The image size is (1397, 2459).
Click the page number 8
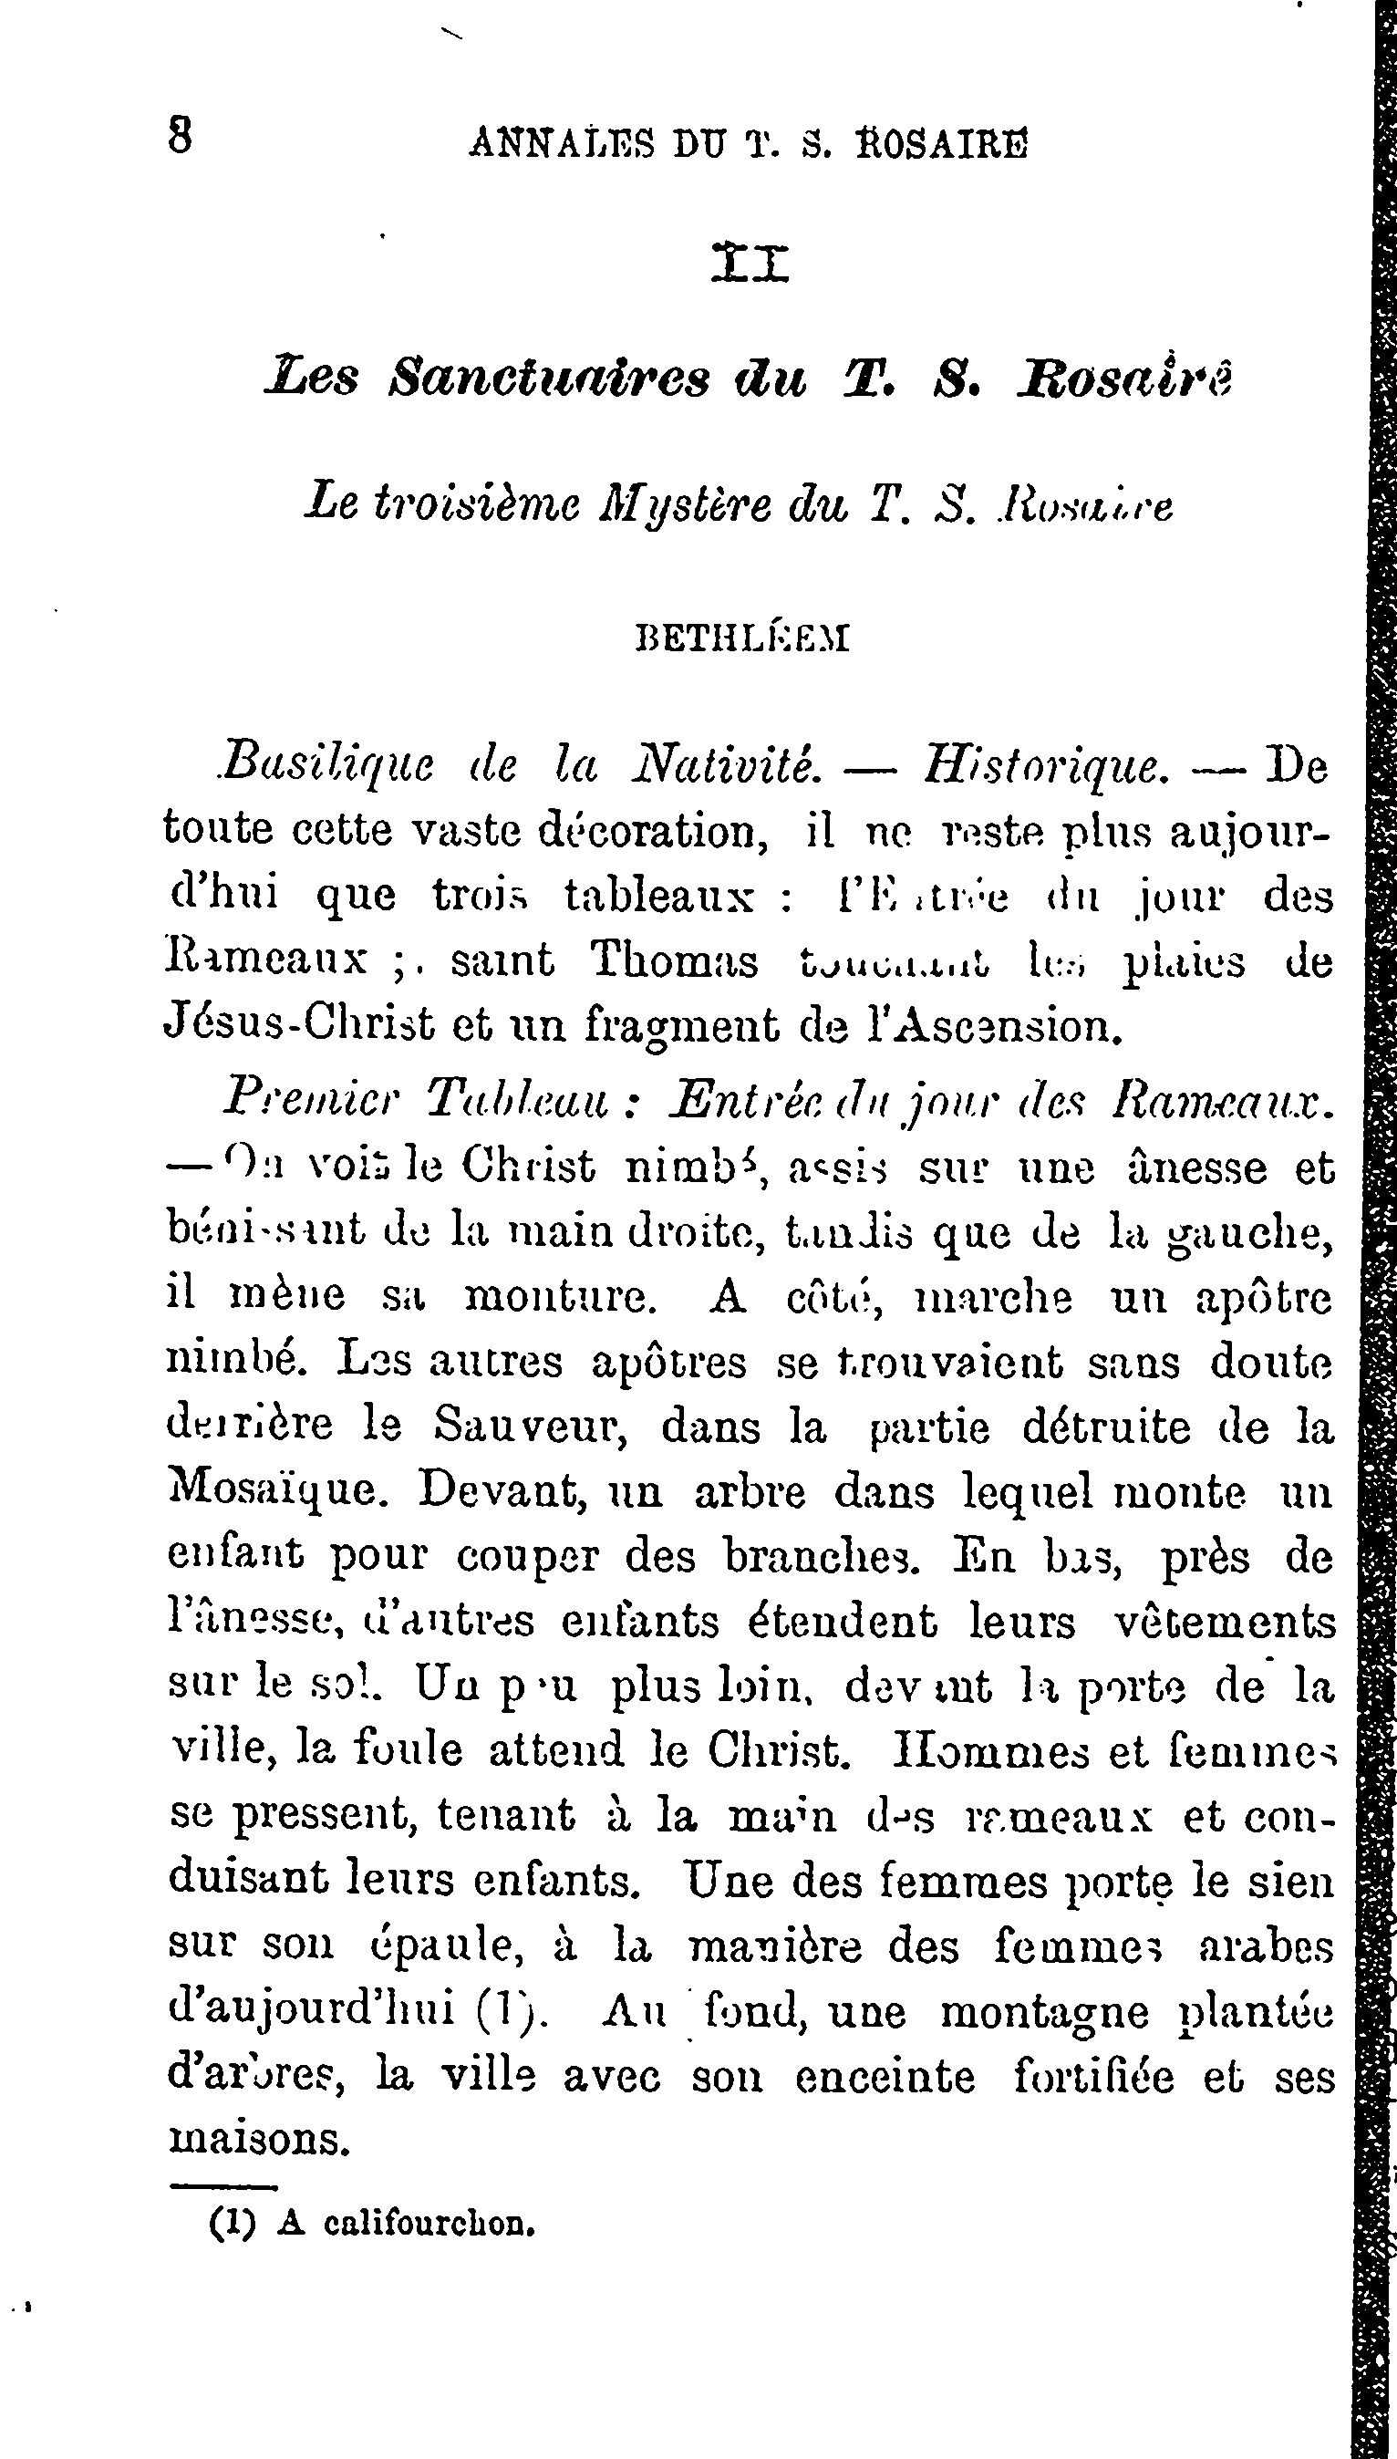180,135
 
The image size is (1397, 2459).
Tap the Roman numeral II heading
750,263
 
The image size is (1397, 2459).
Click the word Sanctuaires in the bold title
550,378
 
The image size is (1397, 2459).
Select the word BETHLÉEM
742,639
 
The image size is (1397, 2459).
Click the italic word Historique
1044,765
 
